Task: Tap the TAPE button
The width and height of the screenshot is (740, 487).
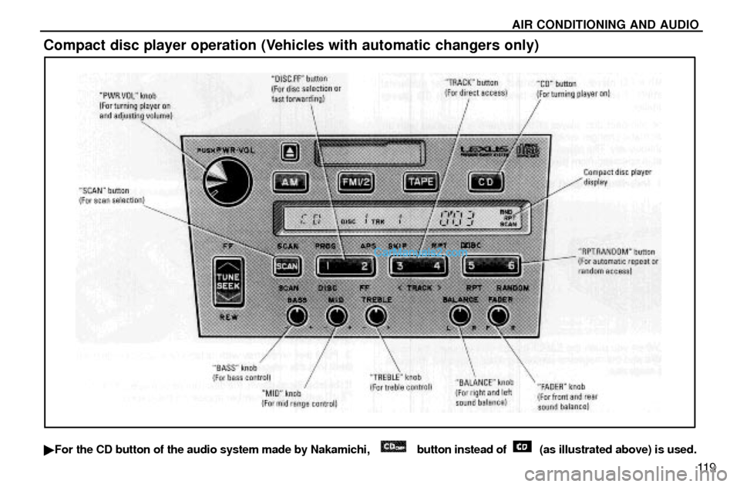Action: (x=421, y=182)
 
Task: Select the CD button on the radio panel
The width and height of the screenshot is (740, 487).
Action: (x=486, y=182)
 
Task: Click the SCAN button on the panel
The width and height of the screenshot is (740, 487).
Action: (x=287, y=266)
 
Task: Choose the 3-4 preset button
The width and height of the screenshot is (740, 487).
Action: (x=418, y=266)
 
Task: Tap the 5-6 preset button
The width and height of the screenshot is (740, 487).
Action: (x=491, y=266)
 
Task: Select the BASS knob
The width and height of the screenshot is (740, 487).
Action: (x=297, y=315)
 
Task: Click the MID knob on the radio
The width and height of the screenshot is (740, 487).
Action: (x=336, y=315)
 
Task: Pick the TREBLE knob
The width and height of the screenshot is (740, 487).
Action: (x=375, y=315)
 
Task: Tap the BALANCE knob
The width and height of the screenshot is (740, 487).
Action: (x=460, y=314)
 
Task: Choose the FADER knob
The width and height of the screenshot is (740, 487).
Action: (x=499, y=314)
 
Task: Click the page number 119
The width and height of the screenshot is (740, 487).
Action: (x=707, y=465)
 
